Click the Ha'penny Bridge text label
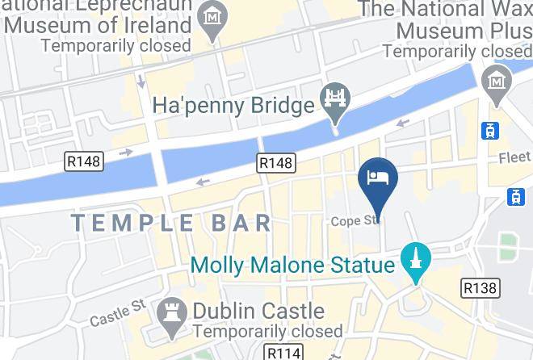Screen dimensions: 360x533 (x=233, y=106)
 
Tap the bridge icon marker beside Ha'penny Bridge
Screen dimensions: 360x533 (x=333, y=101)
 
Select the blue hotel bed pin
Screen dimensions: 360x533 (x=377, y=180)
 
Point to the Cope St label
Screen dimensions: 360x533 (x=354, y=220)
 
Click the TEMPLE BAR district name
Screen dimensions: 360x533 (x=171, y=223)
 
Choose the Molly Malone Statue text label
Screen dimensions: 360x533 (x=292, y=265)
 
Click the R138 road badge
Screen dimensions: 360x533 (x=480, y=287)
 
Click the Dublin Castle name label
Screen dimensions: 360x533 (x=258, y=311)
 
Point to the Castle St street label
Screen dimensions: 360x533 (x=118, y=313)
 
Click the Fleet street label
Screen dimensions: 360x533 (x=515, y=157)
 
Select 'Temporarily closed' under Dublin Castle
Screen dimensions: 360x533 (x=267, y=331)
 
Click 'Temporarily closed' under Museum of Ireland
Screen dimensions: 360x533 (x=116, y=45)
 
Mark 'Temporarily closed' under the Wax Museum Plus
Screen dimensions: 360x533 (x=456, y=50)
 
